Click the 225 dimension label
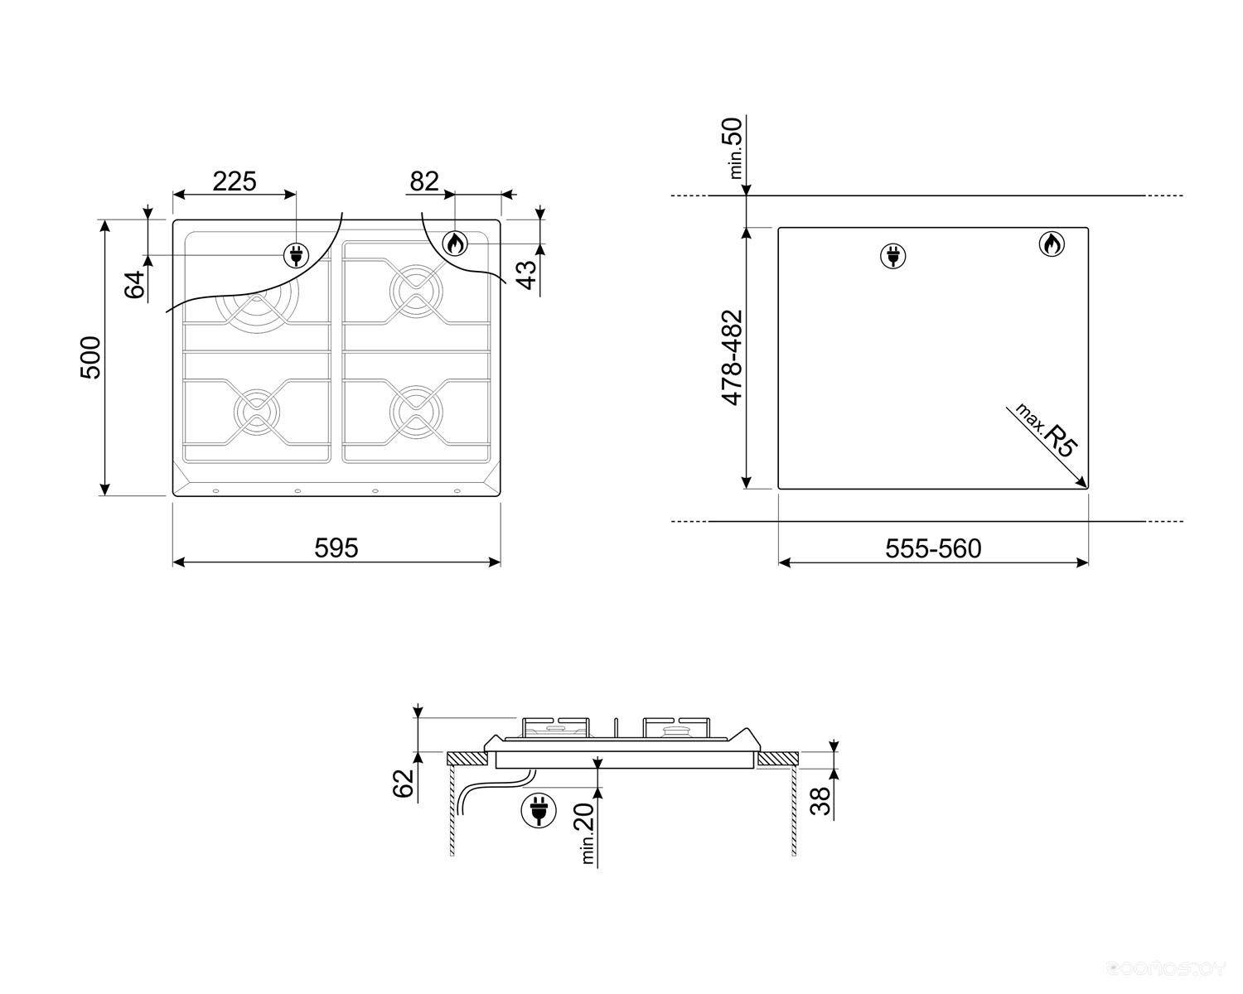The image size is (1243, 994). pyautogui.click(x=235, y=181)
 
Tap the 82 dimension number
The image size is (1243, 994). pyautogui.click(x=424, y=181)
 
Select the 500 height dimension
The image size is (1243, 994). pyautogui.click(x=90, y=358)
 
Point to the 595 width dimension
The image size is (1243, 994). pyautogui.click(x=336, y=548)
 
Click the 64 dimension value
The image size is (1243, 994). pyautogui.click(x=134, y=284)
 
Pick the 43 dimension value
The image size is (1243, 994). pyautogui.click(x=526, y=275)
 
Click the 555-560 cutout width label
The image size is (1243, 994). pyautogui.click(x=933, y=548)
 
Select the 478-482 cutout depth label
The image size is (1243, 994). pyautogui.click(x=732, y=358)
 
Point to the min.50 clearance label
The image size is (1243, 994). pyautogui.click(x=734, y=148)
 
